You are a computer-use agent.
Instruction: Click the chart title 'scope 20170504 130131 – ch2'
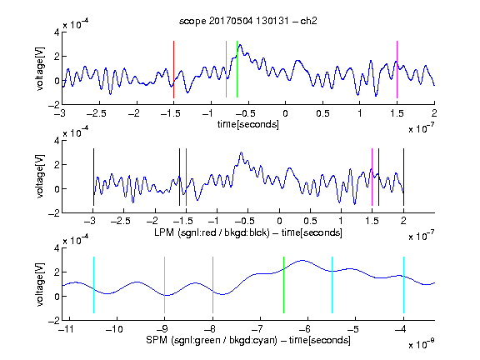click(247, 21)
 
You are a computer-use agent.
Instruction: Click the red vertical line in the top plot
click(173, 69)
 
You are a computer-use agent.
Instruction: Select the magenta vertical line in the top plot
click(397, 69)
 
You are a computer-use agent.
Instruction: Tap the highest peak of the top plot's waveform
click(240, 45)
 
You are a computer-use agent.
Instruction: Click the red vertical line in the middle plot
click(186, 177)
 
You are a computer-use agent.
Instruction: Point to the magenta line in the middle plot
click(372, 177)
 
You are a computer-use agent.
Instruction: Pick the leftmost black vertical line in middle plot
click(93, 177)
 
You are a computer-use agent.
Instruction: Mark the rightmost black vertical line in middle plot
click(403, 177)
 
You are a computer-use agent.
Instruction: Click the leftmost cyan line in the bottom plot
click(93, 285)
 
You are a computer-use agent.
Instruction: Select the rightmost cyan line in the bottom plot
click(403, 285)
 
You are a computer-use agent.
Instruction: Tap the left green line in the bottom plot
click(212, 285)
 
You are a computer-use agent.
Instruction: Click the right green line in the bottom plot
click(284, 285)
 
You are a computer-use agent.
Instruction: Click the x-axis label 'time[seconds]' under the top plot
click(248, 124)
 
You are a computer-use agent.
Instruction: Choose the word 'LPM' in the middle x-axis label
click(164, 232)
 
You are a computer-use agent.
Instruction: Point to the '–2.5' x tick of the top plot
click(96, 113)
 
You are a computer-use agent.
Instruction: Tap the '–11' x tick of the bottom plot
click(67, 329)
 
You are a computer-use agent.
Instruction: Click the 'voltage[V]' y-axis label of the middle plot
click(40, 177)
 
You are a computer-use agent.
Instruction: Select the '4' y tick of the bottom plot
click(57, 248)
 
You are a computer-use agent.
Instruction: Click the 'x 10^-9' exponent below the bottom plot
click(421, 344)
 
